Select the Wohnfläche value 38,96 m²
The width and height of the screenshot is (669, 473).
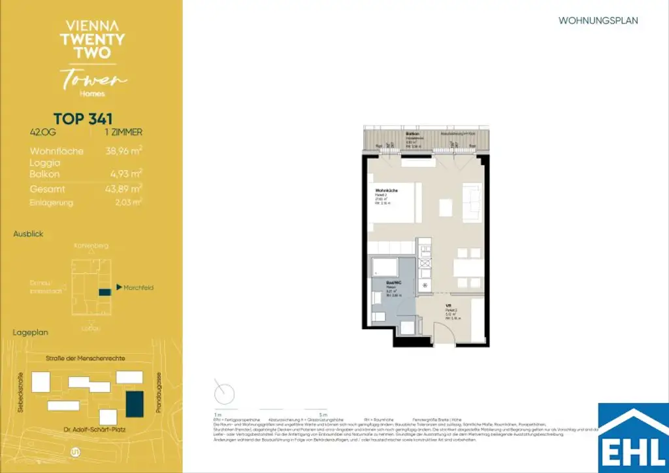coord(124,150)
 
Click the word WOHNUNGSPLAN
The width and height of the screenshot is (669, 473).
coord(598,20)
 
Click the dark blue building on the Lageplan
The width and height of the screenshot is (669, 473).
coord(135,403)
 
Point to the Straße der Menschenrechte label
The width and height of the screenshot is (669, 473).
coord(86,358)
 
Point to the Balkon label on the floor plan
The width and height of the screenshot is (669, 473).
coord(412,134)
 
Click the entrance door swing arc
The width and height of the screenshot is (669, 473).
coord(451,330)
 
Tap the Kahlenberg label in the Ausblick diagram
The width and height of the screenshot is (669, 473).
coord(91,246)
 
